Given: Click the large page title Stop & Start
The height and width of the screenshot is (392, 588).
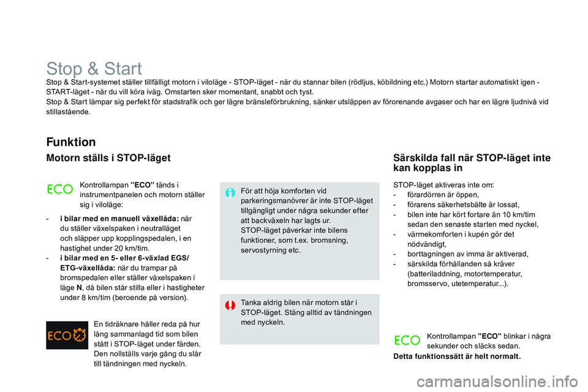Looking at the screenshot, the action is click(x=94, y=69).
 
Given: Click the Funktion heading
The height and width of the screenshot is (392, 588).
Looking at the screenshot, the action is click(x=71, y=142).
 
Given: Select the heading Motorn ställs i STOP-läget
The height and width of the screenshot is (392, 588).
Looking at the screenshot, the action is click(x=108, y=158).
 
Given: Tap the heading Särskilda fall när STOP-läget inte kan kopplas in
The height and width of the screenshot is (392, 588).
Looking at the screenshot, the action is click(x=472, y=163).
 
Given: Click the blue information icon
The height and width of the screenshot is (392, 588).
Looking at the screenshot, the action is click(x=230, y=193).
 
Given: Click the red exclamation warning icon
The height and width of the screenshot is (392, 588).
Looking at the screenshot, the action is click(x=230, y=305).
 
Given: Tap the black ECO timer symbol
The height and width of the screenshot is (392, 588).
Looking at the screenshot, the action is click(x=67, y=335).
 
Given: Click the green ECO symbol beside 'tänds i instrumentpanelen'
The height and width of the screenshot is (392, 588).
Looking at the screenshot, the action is click(x=60, y=189).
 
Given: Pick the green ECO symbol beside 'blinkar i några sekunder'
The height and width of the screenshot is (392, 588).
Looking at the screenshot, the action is click(x=407, y=340).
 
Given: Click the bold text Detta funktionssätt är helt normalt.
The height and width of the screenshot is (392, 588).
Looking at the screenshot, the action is click(x=457, y=356).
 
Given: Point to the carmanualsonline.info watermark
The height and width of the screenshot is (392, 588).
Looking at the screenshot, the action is click(x=497, y=382).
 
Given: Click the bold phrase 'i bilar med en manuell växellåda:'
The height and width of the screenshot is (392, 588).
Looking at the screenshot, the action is click(x=119, y=219).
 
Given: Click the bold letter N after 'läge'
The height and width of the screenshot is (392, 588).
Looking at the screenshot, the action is click(x=79, y=288).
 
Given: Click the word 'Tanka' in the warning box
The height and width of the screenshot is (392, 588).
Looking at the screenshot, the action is click(x=250, y=303).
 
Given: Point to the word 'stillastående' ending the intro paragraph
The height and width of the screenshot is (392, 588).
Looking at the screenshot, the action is click(x=68, y=112).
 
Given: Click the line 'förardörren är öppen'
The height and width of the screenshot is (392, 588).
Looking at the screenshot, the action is click(x=443, y=195).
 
